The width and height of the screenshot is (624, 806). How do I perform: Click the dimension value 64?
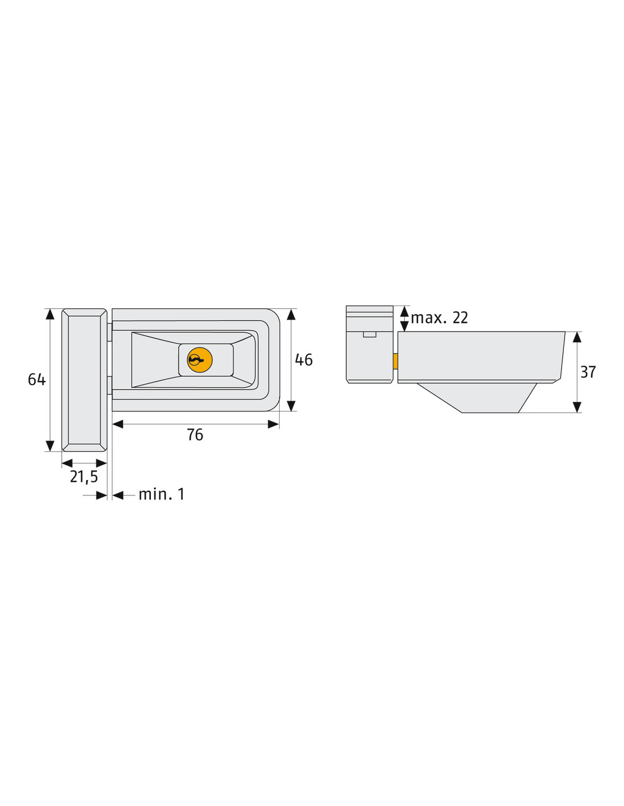click(37, 379)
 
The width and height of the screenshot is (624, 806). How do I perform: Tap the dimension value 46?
click(303, 360)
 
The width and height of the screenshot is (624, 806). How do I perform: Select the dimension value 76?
click(195, 435)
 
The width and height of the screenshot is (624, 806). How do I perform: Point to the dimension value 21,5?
click(84, 477)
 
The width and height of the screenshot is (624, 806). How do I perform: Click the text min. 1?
click(162, 494)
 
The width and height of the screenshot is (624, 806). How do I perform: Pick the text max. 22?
click(440, 318)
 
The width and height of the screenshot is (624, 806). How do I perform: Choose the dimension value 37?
click(588, 372)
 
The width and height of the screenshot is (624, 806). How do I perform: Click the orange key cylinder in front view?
click(200, 360)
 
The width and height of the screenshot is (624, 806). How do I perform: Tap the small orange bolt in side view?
click(396, 361)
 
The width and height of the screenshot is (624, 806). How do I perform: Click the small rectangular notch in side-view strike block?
click(369, 334)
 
